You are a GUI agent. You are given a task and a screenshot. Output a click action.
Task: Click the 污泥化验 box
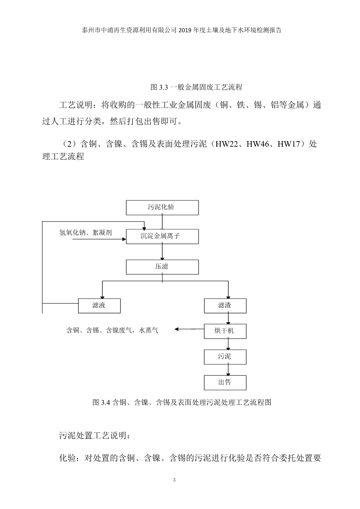click(x=162, y=208)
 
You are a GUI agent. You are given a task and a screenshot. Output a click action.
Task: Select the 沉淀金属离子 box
click(x=162, y=236)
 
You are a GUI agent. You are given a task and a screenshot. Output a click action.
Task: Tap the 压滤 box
click(x=162, y=266)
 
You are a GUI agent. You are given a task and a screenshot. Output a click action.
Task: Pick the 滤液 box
click(x=99, y=306)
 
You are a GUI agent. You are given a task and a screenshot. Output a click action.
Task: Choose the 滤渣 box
click(x=225, y=306)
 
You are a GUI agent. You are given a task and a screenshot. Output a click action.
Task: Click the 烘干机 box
click(x=225, y=331)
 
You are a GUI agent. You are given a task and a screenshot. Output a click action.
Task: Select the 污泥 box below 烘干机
click(x=225, y=357)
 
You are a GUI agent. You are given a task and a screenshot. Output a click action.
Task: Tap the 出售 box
click(x=225, y=383)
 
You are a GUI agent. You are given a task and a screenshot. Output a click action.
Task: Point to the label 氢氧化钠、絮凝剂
click(x=85, y=233)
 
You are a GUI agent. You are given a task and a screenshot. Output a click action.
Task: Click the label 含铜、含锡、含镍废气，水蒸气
click(x=112, y=331)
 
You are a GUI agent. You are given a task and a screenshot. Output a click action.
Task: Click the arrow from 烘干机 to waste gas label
click(x=189, y=330)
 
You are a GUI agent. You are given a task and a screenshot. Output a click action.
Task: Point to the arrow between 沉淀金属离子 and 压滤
click(x=162, y=252)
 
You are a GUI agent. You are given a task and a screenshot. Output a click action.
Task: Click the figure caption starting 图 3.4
click(x=182, y=402)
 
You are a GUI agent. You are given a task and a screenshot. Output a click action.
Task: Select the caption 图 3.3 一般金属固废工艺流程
click(x=196, y=87)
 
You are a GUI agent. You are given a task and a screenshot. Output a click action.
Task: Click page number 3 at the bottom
click(x=174, y=480)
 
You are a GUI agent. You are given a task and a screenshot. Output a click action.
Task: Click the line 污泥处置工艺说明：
click(x=94, y=435)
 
